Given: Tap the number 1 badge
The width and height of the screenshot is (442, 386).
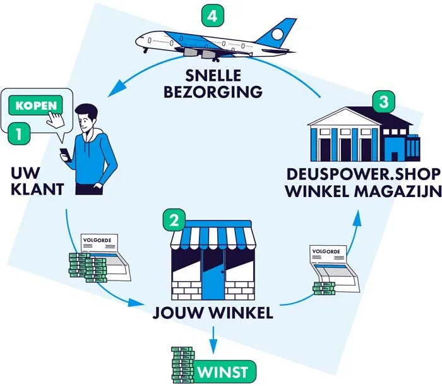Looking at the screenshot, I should (x=19, y=133).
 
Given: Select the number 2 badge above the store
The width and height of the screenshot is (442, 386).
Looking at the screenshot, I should (x=174, y=220).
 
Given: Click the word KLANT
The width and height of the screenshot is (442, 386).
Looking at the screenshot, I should (x=32, y=188).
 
